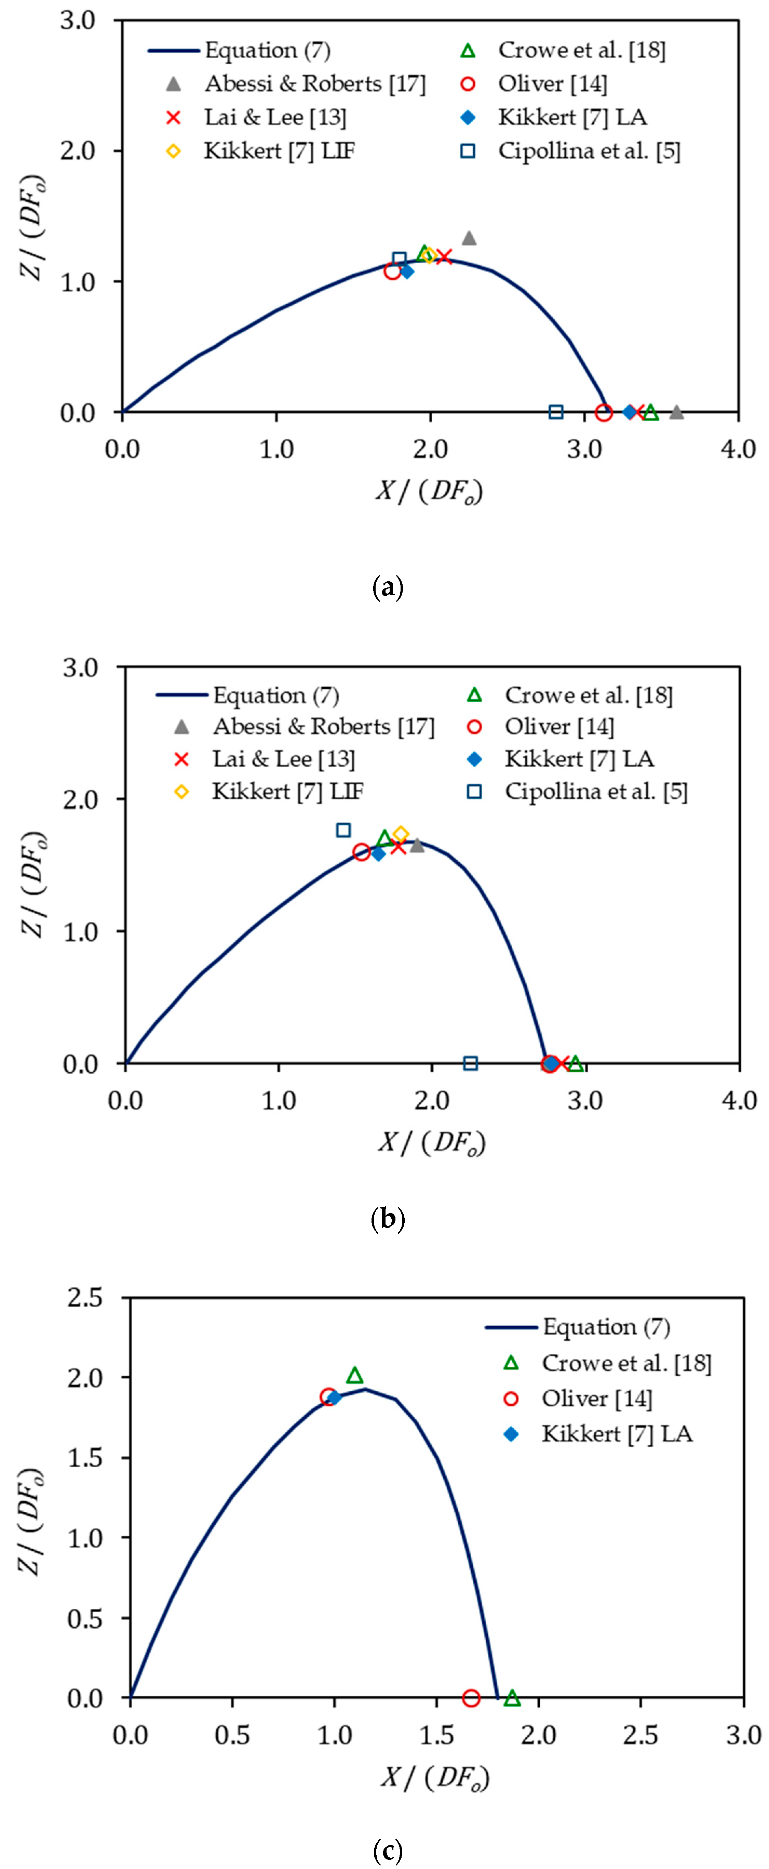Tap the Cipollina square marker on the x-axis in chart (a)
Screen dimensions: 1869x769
tap(556, 412)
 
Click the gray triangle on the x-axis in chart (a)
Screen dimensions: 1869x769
tap(676, 412)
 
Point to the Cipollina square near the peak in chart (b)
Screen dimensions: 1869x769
tap(344, 829)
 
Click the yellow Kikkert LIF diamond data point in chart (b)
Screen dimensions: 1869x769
tap(401, 834)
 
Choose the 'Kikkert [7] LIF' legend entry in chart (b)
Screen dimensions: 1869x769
tap(287, 791)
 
